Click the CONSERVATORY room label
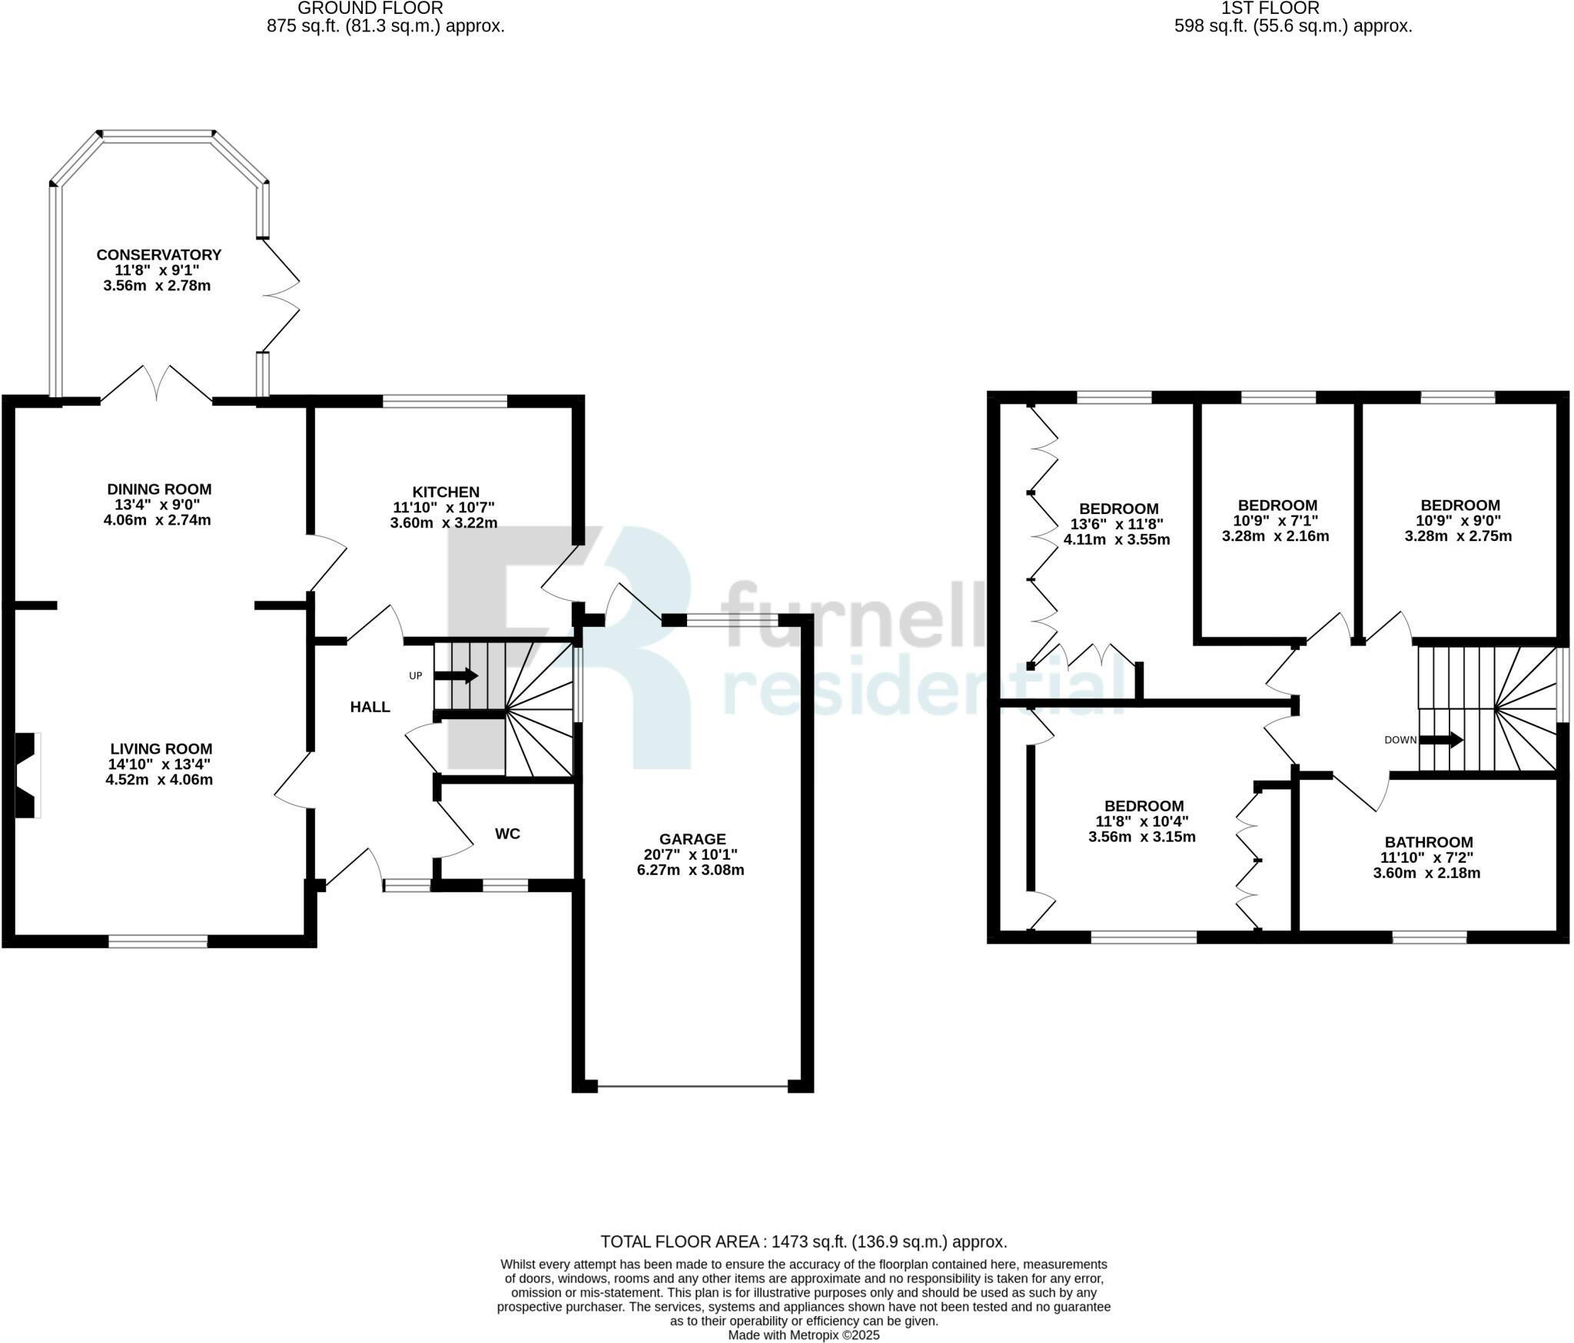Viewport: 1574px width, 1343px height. click(158, 254)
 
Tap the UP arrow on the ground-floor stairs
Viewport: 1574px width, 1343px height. click(456, 676)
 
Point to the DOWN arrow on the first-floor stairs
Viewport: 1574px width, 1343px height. click(1441, 740)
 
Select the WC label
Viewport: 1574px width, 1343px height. click(507, 834)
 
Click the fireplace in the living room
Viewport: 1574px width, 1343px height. click(28, 775)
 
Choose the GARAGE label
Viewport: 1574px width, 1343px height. click(692, 839)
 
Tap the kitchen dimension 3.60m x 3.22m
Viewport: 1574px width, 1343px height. click(443, 523)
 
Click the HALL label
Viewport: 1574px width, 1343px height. click(370, 707)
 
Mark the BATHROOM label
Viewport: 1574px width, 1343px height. click(1428, 842)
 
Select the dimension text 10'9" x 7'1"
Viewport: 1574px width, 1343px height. click(1277, 521)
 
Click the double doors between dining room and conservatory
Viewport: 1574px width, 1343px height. click(157, 384)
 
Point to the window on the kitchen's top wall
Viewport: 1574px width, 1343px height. click(445, 400)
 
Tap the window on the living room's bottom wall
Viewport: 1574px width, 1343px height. click(158, 940)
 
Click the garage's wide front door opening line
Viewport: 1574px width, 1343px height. click(692, 1086)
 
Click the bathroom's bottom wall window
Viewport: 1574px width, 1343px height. click(1430, 937)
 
